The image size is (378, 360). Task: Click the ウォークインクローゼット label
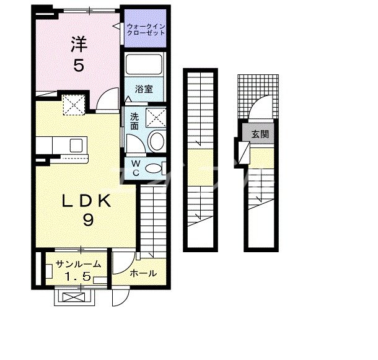point(146,30)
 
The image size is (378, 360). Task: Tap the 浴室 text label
point(144,89)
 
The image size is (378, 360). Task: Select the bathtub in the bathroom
point(144,64)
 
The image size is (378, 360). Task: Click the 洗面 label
point(134,121)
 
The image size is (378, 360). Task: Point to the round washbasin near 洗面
point(157,141)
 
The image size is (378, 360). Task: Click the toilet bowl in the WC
point(153,169)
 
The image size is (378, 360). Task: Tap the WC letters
point(136,168)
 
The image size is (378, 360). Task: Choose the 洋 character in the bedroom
point(79,44)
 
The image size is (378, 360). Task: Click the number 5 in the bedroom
point(79,65)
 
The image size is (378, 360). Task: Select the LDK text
point(86,201)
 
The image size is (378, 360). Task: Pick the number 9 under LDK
point(88,220)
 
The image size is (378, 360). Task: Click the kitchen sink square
point(76,146)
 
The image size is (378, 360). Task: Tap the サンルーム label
point(78,265)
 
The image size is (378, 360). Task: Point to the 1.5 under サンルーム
point(79,276)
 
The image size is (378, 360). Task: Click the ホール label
point(143,273)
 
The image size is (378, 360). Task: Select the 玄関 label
point(260,134)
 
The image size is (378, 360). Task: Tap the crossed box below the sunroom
point(74,297)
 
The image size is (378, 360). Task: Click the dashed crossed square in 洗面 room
point(156,118)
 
